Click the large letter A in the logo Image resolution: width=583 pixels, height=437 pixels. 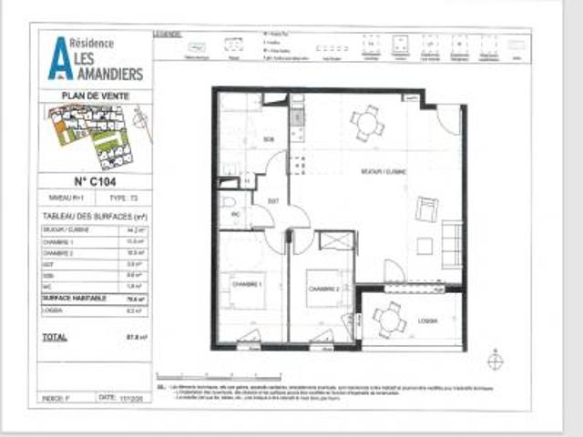(59, 57)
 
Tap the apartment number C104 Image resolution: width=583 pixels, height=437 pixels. (94, 179)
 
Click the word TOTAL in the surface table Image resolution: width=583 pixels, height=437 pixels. (55, 337)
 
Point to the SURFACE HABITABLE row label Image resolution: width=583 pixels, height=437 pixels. (75, 298)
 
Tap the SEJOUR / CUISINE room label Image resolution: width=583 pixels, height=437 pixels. (384, 170)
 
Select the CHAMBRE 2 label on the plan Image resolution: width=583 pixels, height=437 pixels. (323, 288)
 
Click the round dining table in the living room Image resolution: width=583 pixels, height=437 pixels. (368, 122)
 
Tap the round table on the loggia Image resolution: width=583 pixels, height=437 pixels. (390, 319)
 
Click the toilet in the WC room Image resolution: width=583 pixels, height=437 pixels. (230, 204)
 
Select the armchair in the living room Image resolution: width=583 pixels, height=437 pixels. (425, 210)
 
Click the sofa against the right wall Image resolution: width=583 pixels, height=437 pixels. (451, 243)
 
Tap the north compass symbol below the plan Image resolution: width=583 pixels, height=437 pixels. (495, 361)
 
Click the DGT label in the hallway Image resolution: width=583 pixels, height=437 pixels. (272, 200)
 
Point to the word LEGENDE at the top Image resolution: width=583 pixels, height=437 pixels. (168, 33)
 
